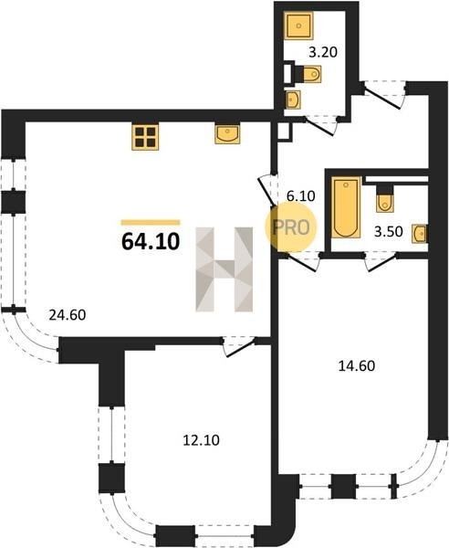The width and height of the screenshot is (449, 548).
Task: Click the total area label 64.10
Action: tap(151, 241)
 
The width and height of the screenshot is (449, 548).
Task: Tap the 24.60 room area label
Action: tap(68, 315)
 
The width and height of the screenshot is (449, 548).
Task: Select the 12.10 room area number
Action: tap(201, 440)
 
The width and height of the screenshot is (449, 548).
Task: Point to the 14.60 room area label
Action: tap(357, 366)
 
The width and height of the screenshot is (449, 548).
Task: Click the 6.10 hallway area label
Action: tap(300, 196)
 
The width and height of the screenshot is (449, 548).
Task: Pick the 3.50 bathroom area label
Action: tap(388, 232)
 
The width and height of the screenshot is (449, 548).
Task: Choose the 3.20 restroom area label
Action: tap(323, 52)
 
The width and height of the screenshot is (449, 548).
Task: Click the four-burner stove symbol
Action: tap(145, 137)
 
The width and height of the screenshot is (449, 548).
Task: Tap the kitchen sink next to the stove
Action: tap(227, 134)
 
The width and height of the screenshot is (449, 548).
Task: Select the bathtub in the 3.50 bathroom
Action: tap(346, 207)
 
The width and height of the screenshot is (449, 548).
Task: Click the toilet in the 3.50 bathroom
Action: tap(385, 198)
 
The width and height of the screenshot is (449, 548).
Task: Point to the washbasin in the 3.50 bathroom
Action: tap(419, 234)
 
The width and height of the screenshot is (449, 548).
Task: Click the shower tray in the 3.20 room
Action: tap(298, 26)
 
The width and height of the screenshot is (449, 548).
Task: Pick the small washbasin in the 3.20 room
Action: tap(293, 100)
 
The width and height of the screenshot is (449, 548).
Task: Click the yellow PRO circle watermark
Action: tap(290, 227)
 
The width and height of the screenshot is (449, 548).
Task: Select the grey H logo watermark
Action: tap(224, 269)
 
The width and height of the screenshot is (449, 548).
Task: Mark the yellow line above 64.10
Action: tap(151, 222)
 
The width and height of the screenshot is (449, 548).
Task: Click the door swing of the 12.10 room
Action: tap(239, 347)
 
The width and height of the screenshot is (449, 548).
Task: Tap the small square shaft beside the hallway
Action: tap(285, 132)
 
